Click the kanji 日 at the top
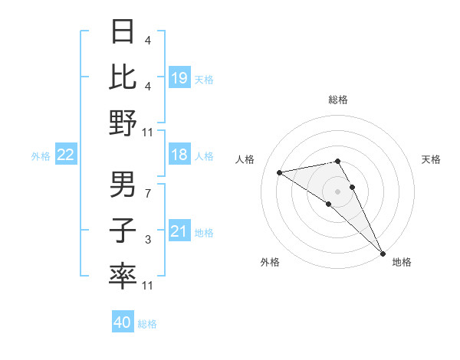[123, 32]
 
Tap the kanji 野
[123, 122]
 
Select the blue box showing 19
[179, 77]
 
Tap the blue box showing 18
[179, 155]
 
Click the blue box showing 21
[179, 232]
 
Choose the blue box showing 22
[65, 155]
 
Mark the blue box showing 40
[123, 322]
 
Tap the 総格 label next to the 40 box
[147, 324]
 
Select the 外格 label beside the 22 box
[41, 156]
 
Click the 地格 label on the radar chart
[402, 262]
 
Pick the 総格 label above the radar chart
[338, 100]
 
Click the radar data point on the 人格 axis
[280, 172]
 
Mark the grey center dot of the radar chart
[338, 191]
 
